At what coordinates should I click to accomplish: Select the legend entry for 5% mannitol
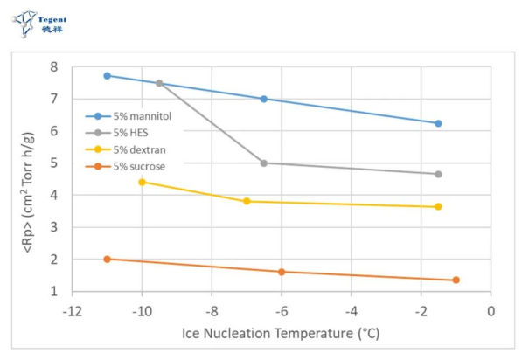click(135, 115)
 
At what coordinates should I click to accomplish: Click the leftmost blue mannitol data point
click(108, 76)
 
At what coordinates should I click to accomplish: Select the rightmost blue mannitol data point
click(438, 123)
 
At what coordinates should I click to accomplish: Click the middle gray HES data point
click(264, 163)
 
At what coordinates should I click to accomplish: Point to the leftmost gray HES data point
click(159, 83)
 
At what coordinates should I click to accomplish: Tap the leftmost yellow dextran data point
click(143, 182)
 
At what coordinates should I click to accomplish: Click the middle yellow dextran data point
click(247, 201)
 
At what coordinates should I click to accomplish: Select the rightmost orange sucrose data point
click(456, 280)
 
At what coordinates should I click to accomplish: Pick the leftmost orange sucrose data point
click(108, 259)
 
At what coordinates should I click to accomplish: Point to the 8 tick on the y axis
click(54, 67)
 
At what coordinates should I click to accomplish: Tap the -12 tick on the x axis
click(72, 311)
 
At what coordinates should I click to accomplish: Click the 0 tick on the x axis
click(491, 311)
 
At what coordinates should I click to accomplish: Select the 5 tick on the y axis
click(54, 163)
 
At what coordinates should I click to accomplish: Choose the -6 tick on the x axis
click(281, 311)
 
